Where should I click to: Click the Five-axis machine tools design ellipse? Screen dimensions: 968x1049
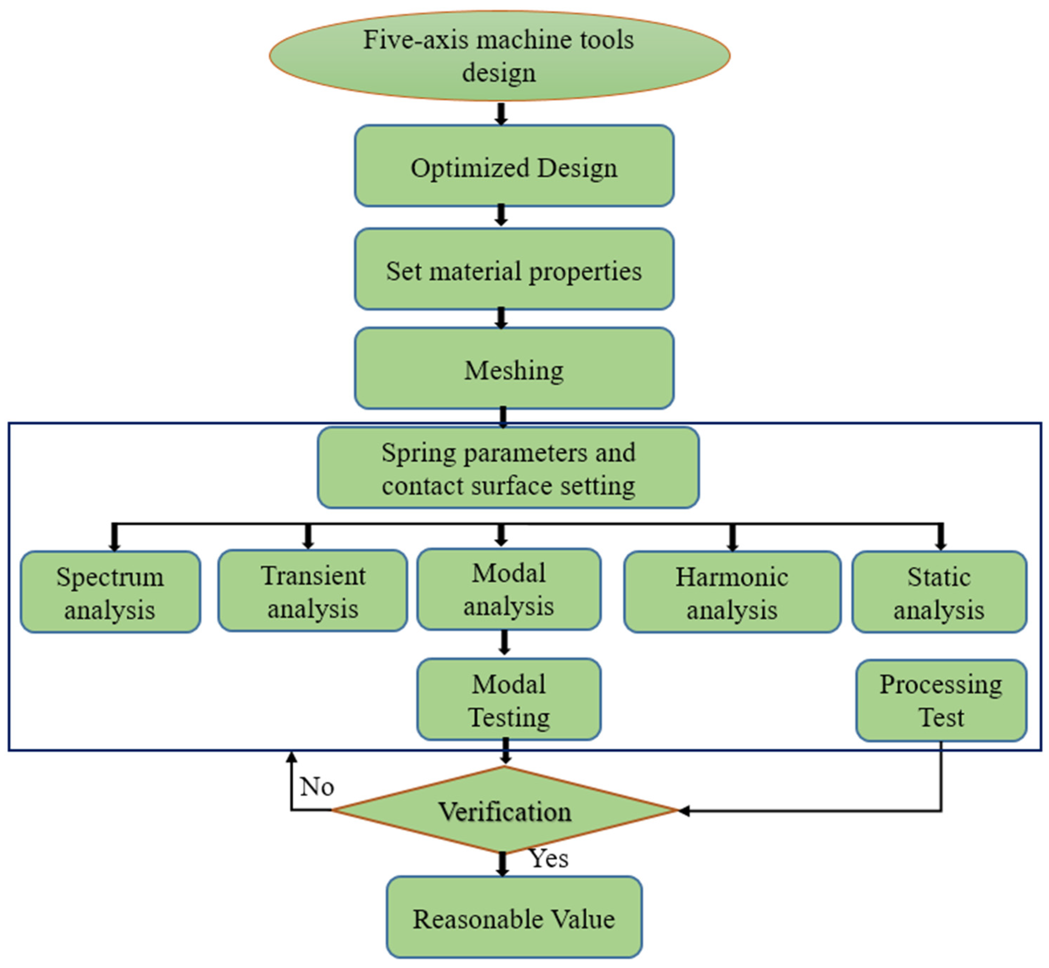coord(499,55)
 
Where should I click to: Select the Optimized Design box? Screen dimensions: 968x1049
coord(514,165)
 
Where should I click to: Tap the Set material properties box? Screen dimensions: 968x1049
coord(514,269)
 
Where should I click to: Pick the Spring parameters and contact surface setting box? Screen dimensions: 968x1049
coord(508,468)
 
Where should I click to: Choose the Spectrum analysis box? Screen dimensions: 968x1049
coord(110,592)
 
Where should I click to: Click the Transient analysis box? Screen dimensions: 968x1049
coord(312,591)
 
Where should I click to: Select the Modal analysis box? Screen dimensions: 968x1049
coord(509,589)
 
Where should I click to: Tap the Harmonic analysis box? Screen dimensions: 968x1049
coord(732,592)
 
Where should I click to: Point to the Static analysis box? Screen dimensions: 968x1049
coord(939,592)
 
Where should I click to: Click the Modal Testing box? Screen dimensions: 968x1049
coord(509,700)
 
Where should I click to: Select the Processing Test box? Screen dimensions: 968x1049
coord(941,700)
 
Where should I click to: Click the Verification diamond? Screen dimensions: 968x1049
coord(504,811)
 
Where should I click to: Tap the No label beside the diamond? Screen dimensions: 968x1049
coord(317,786)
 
